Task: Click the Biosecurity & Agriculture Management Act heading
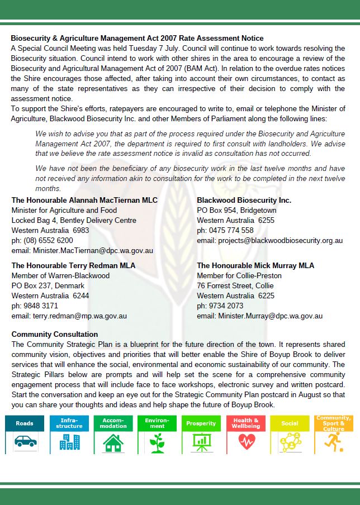(137, 39)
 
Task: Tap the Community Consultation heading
(55, 335)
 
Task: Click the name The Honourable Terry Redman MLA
(73, 265)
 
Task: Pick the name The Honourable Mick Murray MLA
(255, 265)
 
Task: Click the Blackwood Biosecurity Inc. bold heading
(244, 200)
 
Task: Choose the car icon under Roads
(24, 442)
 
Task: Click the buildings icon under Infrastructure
(69, 442)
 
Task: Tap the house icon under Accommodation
(113, 442)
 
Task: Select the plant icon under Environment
(157, 442)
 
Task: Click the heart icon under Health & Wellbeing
(246, 442)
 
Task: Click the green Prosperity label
(201, 423)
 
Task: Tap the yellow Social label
(290, 423)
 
